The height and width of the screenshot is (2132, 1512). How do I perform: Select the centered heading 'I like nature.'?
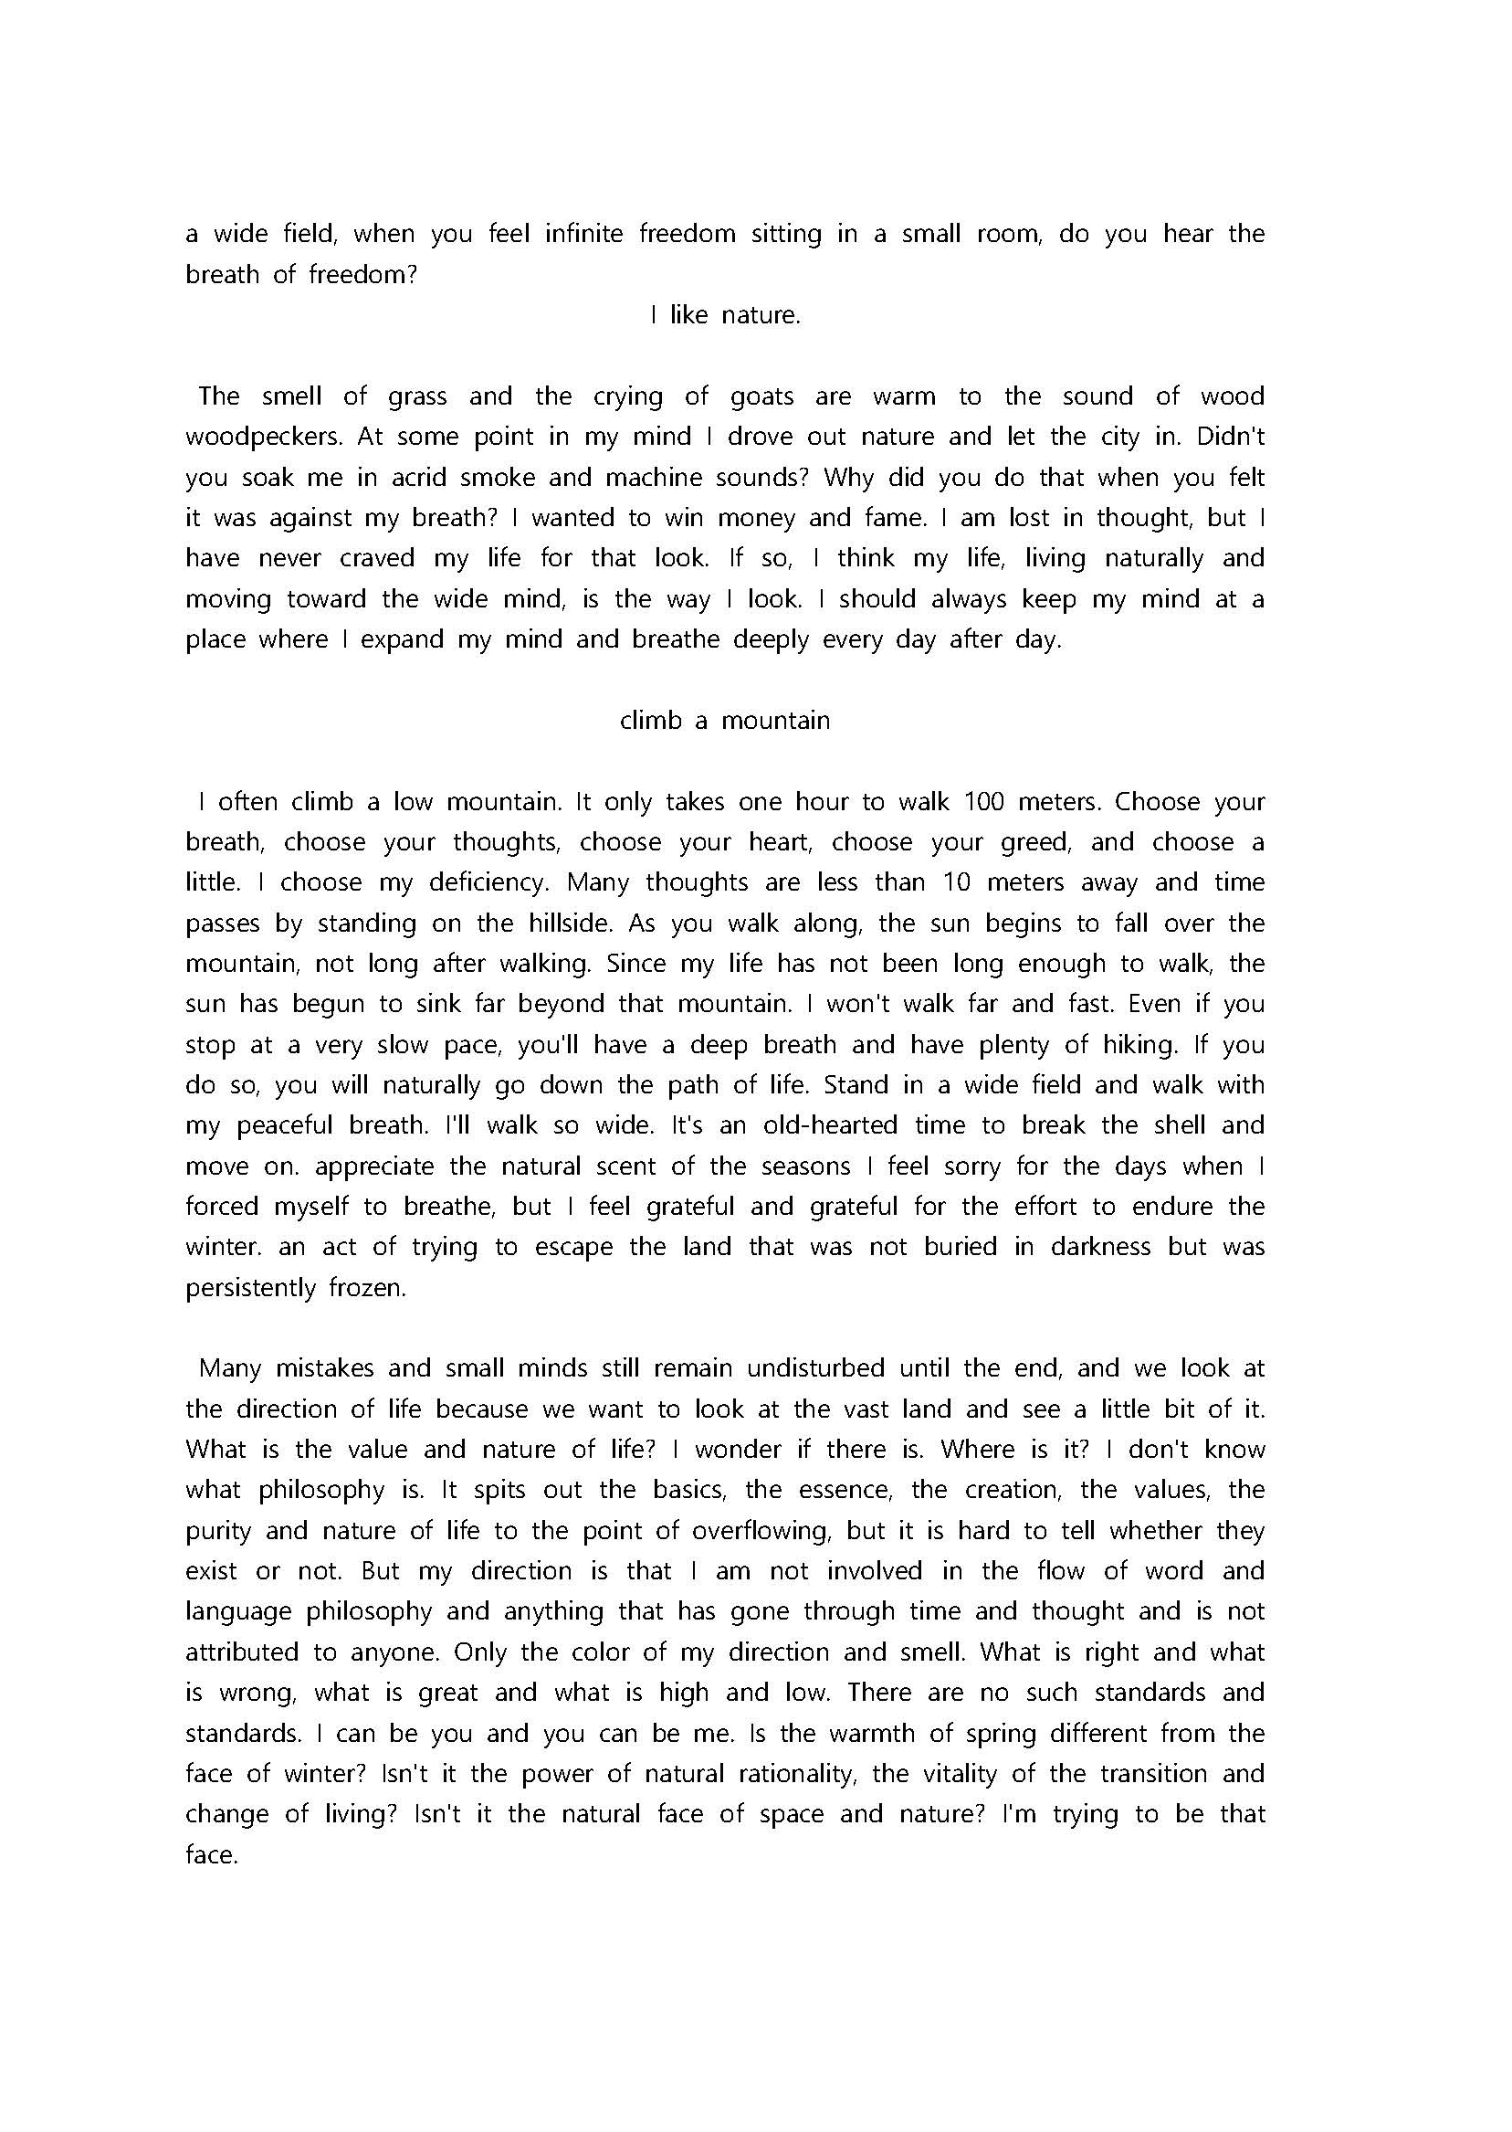tap(725, 316)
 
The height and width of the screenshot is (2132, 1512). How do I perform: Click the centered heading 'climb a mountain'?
tap(724, 721)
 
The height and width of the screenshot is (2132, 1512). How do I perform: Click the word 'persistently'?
tap(250, 1288)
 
